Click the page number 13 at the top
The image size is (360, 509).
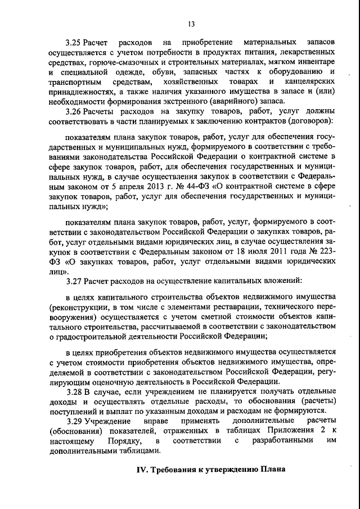[191, 23]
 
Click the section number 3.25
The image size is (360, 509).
[75, 43]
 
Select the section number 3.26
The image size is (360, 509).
[75, 111]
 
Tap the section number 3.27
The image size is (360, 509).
[75, 280]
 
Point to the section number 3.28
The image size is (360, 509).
[75, 391]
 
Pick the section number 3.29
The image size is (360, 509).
[75, 421]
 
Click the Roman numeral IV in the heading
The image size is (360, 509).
[143, 470]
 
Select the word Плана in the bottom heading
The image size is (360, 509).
[272, 470]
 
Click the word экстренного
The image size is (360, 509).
[187, 101]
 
